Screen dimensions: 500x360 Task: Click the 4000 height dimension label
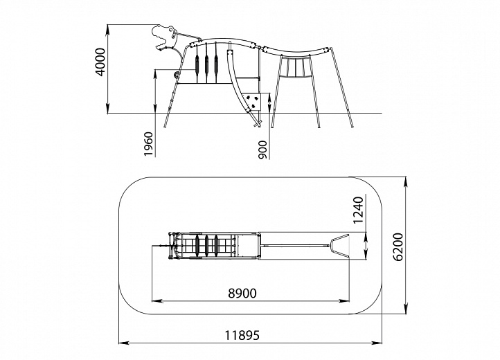pos(100,62)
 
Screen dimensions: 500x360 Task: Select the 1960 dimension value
pos(149,144)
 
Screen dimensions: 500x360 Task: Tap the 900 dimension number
pos(263,150)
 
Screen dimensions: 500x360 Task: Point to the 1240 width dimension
pos(359,210)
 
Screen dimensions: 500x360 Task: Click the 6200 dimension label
pos(398,247)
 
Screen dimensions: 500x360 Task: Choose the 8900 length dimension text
pos(242,293)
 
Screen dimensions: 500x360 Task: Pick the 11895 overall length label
pos(242,336)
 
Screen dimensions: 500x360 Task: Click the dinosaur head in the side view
pos(164,37)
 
